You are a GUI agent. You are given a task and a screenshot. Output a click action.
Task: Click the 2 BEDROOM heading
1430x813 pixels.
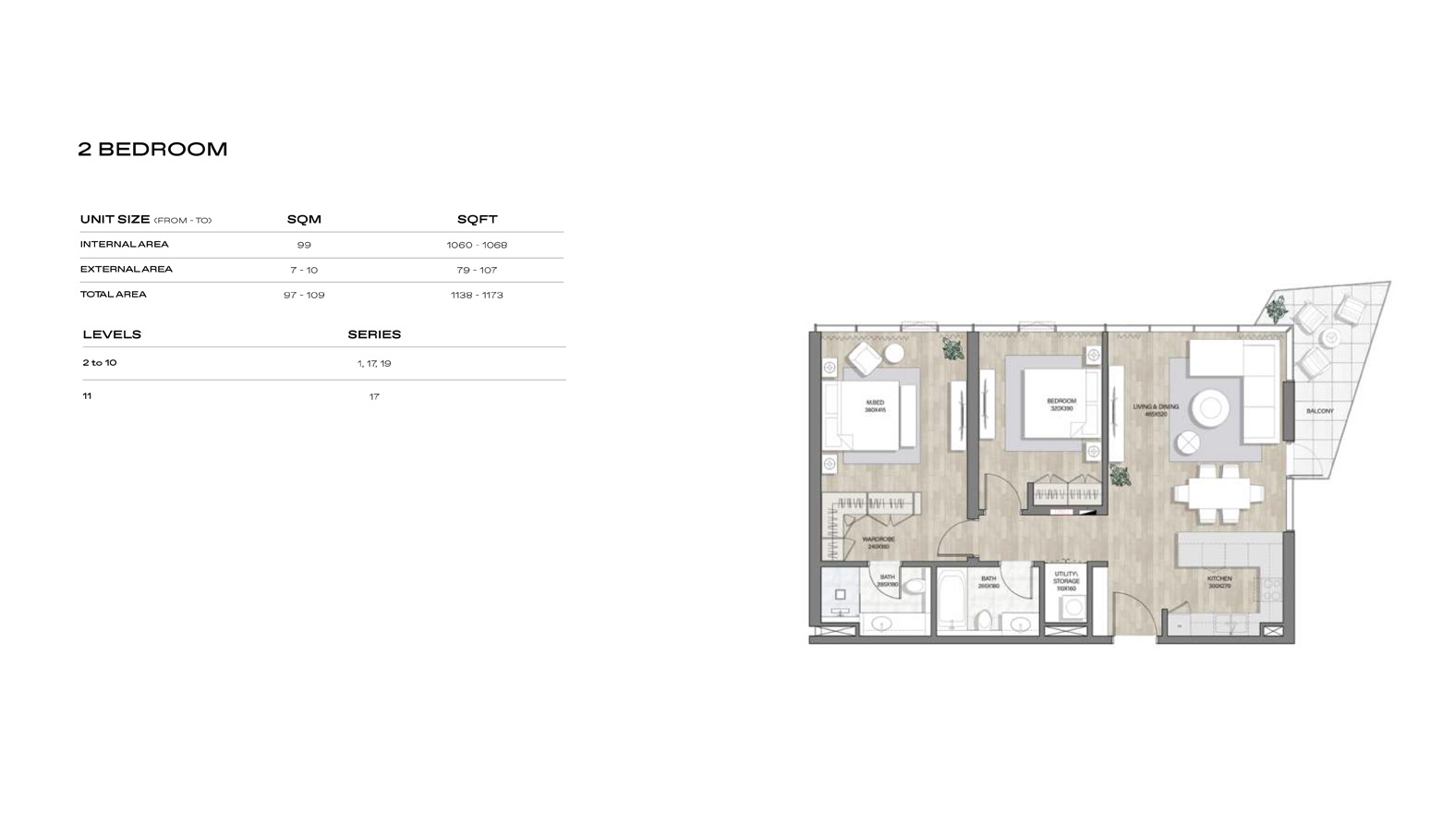point(152,149)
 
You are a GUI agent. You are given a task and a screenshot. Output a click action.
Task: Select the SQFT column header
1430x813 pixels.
point(477,219)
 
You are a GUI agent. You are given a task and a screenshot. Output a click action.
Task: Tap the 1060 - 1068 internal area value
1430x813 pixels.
point(477,245)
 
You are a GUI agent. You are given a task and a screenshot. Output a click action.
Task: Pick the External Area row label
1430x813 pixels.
point(127,269)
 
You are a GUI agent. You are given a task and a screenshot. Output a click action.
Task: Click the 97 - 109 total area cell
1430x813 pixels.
point(304,295)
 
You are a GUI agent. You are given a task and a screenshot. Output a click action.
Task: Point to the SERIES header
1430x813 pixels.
point(374,334)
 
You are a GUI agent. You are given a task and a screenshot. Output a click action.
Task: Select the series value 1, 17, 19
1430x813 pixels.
point(374,363)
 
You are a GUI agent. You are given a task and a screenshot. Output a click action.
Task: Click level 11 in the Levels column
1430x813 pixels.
point(87,395)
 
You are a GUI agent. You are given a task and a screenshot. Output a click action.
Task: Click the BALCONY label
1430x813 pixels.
point(1320,411)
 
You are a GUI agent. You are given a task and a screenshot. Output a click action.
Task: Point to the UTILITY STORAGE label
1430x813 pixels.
point(1066,580)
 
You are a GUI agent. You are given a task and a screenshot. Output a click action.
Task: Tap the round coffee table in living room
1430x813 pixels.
point(1209,407)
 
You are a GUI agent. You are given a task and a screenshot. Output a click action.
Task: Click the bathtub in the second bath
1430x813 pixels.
point(951,601)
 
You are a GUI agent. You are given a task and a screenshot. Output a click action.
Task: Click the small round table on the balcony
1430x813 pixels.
point(1330,338)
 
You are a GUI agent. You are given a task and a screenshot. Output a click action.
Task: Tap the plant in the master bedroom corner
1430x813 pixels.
point(952,349)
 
